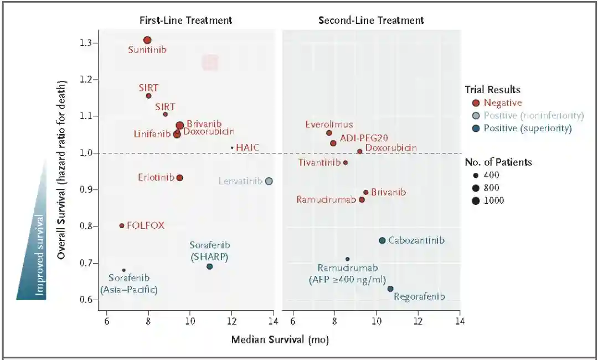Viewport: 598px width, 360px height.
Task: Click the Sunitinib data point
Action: [147, 40]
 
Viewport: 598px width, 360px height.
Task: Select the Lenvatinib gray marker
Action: [269, 181]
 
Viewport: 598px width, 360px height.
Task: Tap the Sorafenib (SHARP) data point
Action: [209, 266]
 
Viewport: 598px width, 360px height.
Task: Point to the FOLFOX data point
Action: [122, 225]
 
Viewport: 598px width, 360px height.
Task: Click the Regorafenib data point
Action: [390, 289]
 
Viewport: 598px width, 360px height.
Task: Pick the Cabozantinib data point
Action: [382, 240]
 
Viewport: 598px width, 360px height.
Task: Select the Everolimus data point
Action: [329, 133]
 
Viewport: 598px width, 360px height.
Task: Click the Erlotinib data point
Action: [179, 178]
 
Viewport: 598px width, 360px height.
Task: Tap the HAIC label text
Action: [248, 147]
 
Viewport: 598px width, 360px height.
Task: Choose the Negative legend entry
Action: [502, 102]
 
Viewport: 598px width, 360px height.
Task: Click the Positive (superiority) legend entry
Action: [527, 128]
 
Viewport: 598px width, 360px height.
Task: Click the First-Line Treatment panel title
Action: [185, 20]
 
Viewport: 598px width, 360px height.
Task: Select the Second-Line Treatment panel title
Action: [371, 20]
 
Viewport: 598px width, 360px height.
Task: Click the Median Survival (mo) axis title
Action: [280, 340]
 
